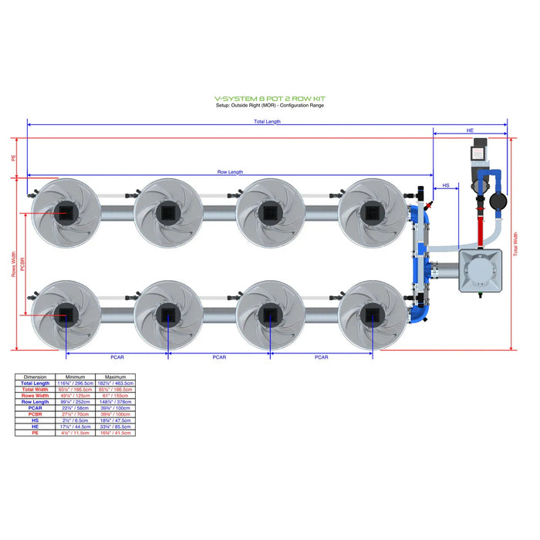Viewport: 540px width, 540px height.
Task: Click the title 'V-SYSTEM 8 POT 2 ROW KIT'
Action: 269,99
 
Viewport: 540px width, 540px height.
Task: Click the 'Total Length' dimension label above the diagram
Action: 268,122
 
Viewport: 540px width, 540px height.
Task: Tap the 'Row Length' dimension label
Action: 230,172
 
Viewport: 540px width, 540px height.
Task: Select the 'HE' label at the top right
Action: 470,132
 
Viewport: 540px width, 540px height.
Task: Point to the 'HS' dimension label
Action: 445,186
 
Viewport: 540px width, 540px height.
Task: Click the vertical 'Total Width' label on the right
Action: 515,244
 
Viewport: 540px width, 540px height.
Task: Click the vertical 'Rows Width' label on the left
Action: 14,264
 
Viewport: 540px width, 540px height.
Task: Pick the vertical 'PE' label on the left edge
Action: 13,158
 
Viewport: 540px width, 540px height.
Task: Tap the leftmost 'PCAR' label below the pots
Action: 117,357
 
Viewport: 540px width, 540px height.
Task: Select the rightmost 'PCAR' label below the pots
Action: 321,357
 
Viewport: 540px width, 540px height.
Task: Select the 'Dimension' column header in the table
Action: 35,377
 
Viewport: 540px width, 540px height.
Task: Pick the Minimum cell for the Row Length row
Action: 74,402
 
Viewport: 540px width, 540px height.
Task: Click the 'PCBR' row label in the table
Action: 35,414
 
